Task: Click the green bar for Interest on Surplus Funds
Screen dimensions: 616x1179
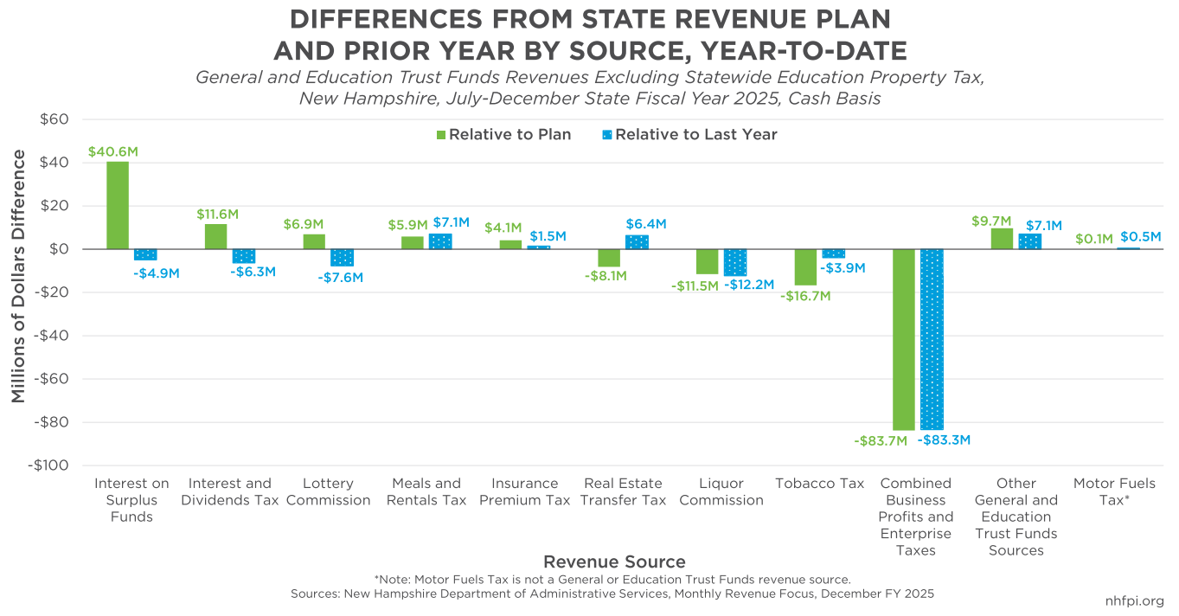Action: click(x=118, y=206)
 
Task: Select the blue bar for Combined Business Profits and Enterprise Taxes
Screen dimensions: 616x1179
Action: click(x=932, y=339)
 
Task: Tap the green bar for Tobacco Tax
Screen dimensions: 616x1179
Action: click(x=805, y=267)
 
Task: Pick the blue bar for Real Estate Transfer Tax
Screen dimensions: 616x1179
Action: click(x=637, y=242)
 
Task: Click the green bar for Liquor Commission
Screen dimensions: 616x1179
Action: click(x=708, y=261)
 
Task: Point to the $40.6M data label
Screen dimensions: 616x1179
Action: click(x=113, y=151)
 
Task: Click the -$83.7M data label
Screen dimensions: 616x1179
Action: click(x=881, y=441)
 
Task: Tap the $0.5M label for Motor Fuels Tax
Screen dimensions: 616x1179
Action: click(x=1140, y=236)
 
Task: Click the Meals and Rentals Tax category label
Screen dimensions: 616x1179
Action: click(x=426, y=491)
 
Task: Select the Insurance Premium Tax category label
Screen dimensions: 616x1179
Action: click(x=524, y=491)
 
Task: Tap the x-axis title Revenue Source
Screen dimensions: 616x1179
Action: click(x=614, y=561)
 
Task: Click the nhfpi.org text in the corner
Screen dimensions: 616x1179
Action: click(x=1135, y=601)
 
